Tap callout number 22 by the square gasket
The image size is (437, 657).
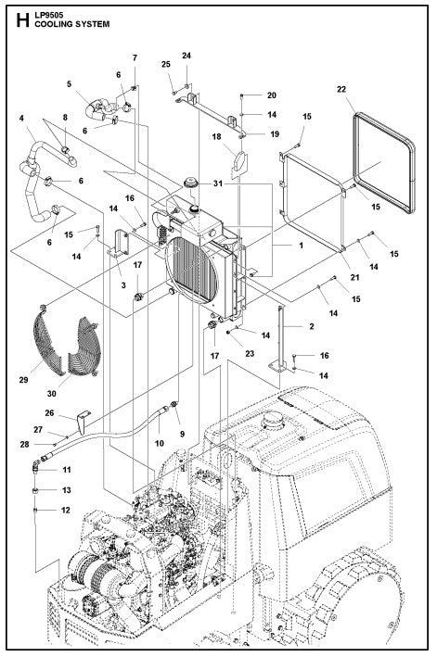[x=341, y=89]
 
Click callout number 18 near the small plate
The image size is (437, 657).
[x=216, y=137]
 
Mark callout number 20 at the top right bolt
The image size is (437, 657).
[x=272, y=95]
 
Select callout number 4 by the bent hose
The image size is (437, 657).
[x=21, y=118]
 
